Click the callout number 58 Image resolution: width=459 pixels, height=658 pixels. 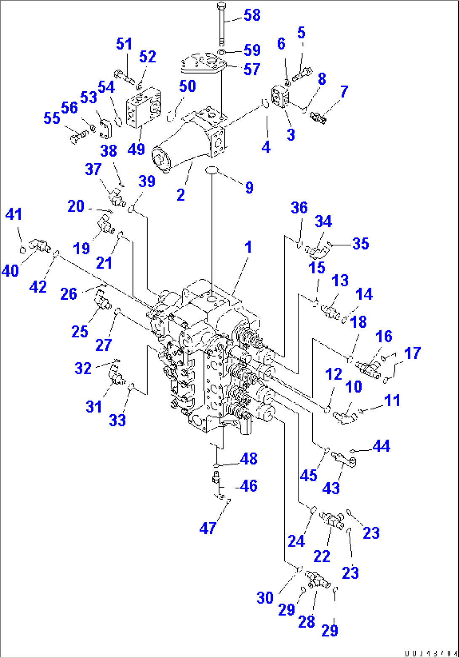click(252, 15)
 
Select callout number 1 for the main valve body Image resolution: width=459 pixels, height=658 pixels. click(248, 247)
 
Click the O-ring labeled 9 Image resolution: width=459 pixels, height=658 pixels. click(211, 170)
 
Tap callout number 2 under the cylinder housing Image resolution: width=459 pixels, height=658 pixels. click(181, 194)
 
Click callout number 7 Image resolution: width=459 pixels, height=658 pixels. click(344, 92)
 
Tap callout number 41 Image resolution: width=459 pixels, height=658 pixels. click(13, 215)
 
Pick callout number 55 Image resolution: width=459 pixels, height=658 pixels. click(52, 119)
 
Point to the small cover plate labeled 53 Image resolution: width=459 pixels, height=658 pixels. click(105, 129)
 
